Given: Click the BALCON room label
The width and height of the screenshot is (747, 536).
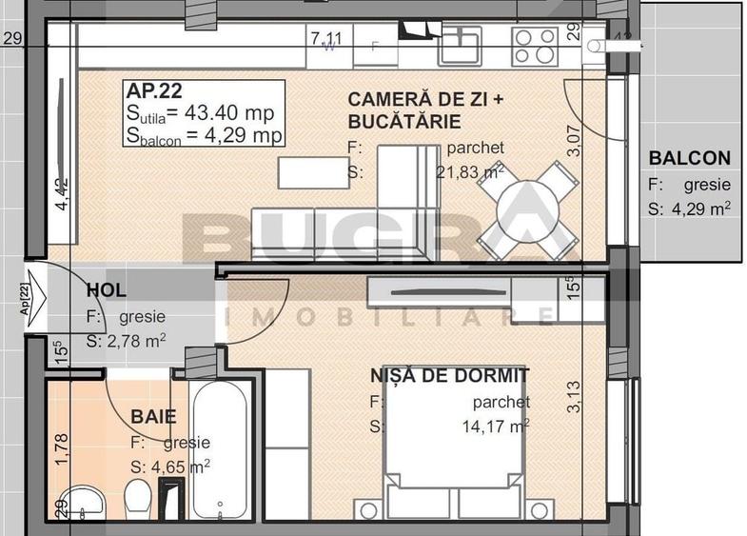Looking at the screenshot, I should point(689,159).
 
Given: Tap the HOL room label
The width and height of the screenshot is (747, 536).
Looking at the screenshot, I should point(106,291).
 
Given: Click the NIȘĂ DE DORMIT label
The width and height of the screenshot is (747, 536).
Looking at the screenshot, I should point(450,376).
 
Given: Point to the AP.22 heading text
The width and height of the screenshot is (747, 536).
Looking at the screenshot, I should point(154,92).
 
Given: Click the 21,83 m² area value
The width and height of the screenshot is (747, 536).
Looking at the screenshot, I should point(469,171).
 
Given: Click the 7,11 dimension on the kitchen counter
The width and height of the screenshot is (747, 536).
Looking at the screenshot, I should point(325,38).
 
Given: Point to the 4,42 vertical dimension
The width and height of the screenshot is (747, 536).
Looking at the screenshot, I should point(62,194).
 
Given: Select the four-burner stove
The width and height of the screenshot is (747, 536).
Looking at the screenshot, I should point(535,45).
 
